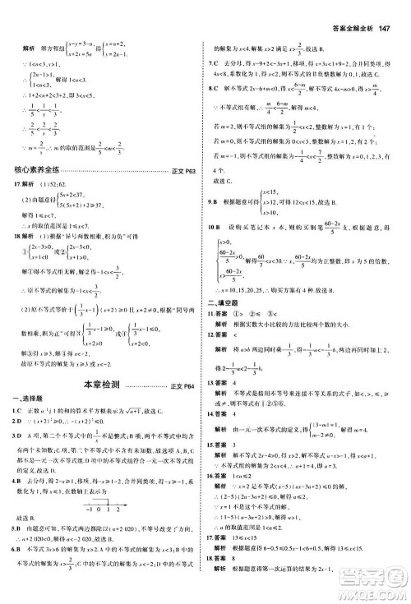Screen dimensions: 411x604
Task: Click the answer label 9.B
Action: (212, 200)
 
